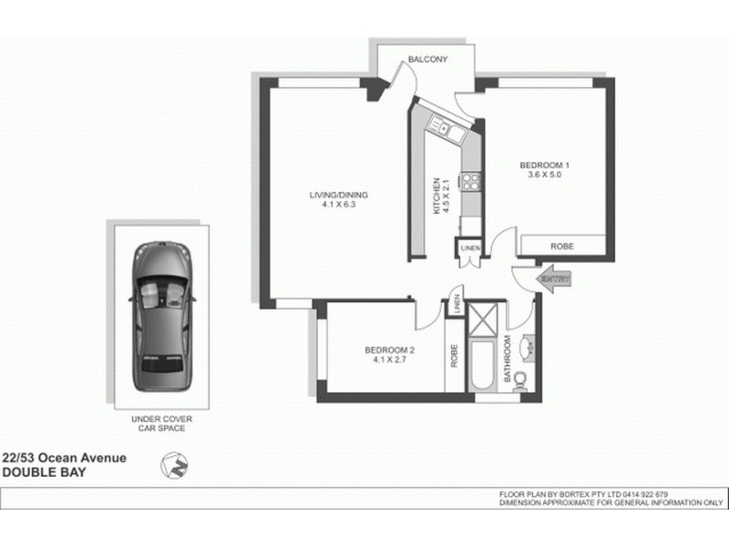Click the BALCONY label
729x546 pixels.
427,59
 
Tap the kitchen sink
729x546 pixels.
449,133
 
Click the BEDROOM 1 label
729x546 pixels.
544,165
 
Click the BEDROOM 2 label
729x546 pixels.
390,350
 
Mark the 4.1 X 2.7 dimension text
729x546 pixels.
390,360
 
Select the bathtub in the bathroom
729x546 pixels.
480,364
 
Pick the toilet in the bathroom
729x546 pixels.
521,379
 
